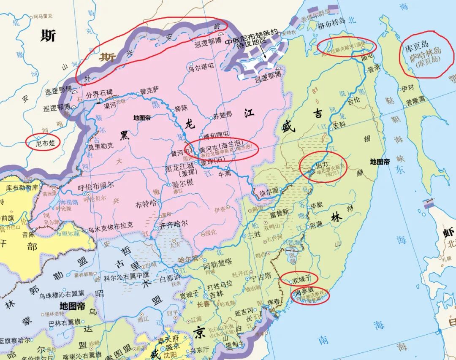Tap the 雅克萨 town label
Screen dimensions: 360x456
pyautogui.click(x=149, y=89)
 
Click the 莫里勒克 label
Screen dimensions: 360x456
pyautogui.click(x=100, y=146)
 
